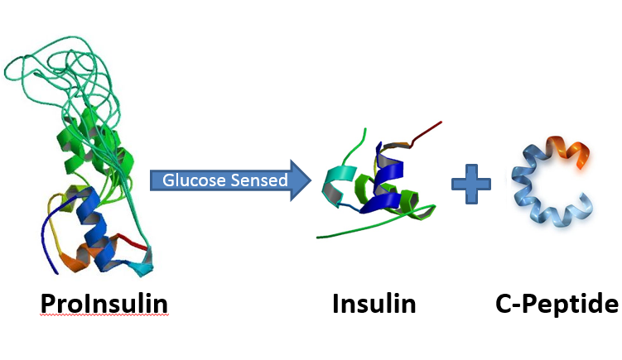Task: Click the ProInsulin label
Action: (104, 305)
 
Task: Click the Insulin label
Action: (374, 304)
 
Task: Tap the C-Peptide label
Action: (557, 304)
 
